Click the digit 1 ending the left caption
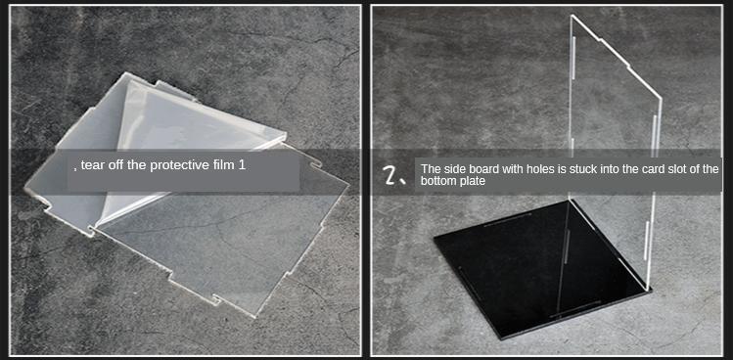pos(242,165)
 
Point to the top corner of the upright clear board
pos(573,15)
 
